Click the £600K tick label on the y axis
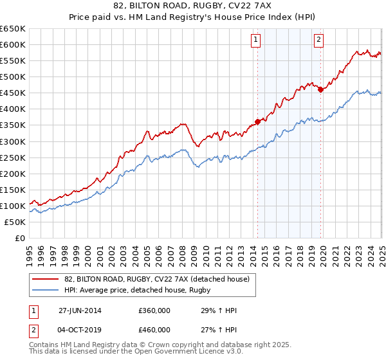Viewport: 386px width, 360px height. pyautogui.click(x=13, y=44)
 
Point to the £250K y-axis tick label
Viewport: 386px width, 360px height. pyautogui.click(x=13, y=157)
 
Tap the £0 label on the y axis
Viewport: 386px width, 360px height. pyautogui.click(x=19, y=238)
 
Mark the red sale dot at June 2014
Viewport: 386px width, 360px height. pyautogui.click(x=257, y=121)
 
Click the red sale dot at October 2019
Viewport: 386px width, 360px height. pyautogui.click(x=320, y=89)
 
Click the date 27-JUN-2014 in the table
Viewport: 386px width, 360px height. pyautogui.click(x=80, y=310)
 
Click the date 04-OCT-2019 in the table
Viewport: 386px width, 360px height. pyautogui.click(x=80, y=329)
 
